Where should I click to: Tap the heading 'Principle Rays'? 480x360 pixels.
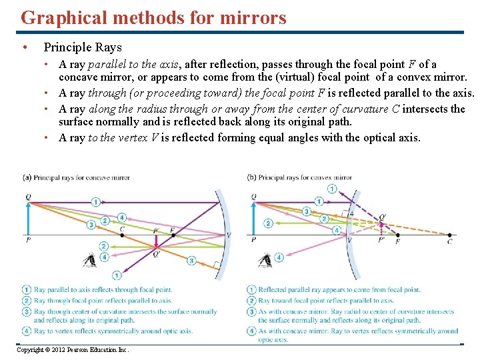tap(83, 47)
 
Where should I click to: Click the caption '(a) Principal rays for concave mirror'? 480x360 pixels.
tap(76, 177)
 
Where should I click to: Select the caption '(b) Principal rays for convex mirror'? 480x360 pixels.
tap(299, 177)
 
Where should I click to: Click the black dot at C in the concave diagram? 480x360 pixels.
tap(122, 235)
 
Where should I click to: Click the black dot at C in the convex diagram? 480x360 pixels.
tap(449, 235)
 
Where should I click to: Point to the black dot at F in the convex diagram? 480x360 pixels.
tap(398, 235)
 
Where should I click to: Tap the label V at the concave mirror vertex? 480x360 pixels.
tap(229, 235)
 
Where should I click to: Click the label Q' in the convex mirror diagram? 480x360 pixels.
tap(381, 217)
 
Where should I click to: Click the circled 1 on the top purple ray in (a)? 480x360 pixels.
tap(96, 201)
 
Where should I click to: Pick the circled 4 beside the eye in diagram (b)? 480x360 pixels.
tap(280, 257)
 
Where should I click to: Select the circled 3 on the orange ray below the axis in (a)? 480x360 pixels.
tap(191, 260)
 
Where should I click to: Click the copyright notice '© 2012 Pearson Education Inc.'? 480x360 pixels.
tap(73, 350)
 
